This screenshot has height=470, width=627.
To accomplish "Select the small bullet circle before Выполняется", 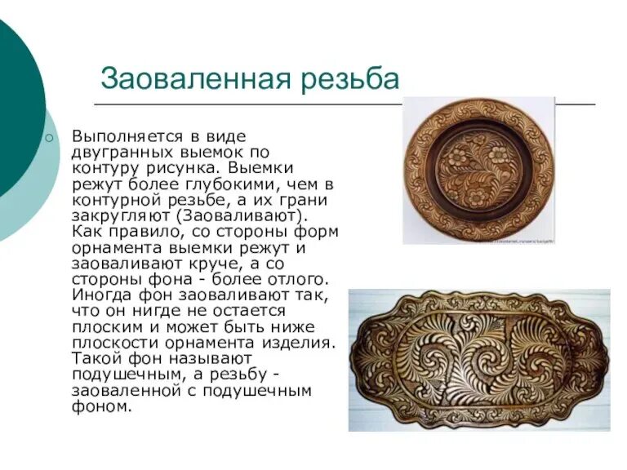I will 49,138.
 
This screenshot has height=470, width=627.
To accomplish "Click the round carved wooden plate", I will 478,169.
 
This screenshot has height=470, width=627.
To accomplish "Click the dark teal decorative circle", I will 16,106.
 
